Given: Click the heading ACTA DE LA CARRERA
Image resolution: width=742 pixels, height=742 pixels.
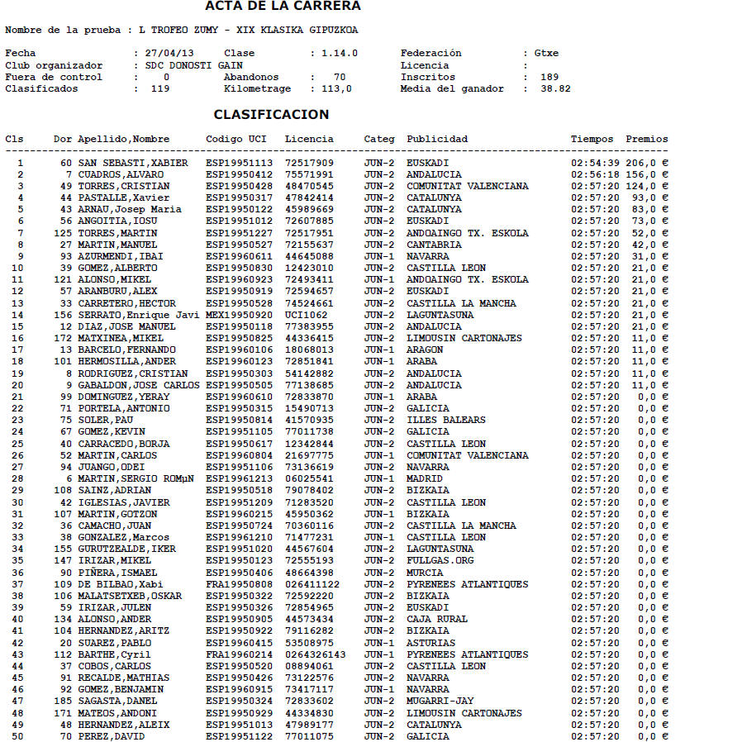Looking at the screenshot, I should click(283, 7).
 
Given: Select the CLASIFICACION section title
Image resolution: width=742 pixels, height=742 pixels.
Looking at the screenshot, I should click(271, 115).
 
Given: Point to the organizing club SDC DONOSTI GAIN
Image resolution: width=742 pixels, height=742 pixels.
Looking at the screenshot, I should click(193, 65).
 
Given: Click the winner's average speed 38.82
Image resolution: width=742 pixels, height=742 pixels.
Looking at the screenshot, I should click(555, 89).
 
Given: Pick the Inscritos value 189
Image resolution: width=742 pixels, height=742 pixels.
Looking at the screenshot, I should click(549, 77).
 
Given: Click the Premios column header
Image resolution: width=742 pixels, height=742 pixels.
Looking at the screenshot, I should click(646, 139).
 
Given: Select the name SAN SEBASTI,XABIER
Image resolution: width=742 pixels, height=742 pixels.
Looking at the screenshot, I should click(133, 164).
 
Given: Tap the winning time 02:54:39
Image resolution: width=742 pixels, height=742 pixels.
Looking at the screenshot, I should click(595, 164).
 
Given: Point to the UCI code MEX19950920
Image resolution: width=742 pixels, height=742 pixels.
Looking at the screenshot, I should click(239, 315).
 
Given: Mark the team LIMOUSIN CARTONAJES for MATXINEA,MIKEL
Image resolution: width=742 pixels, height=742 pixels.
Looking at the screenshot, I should click(464, 339).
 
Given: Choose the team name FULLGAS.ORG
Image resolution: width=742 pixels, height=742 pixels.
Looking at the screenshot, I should click(440, 561).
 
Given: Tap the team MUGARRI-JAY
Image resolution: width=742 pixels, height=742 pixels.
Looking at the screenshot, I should click(440, 702).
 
